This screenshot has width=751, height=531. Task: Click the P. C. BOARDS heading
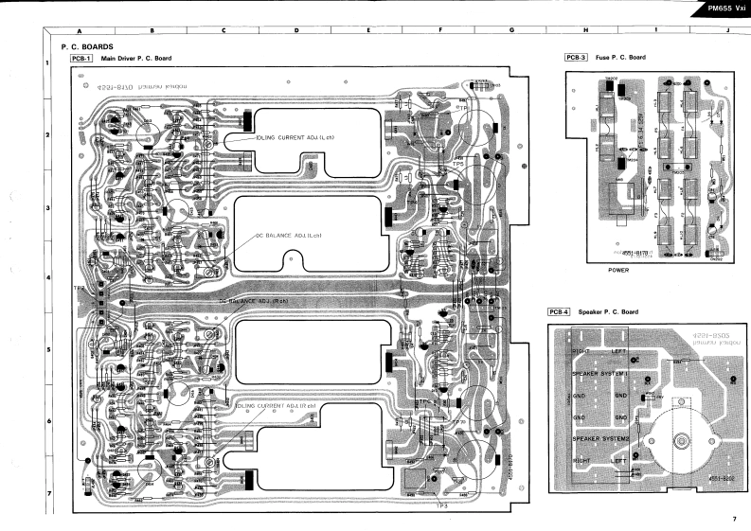coord(87,46)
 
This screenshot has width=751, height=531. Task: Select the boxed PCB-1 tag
coord(81,59)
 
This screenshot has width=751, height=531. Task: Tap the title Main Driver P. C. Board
coord(137,59)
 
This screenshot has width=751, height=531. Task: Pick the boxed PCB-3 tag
coord(576,58)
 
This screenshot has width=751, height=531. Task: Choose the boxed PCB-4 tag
coord(559,311)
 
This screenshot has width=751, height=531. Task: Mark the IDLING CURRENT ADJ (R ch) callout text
coord(275,405)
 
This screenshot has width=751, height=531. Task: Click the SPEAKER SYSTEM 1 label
coord(599,373)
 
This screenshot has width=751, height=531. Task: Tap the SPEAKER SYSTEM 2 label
coord(599,439)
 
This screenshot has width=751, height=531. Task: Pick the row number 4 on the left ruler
coord(48,278)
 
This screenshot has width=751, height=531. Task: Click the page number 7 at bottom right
coord(733,518)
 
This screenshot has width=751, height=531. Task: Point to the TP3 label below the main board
coord(442,505)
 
